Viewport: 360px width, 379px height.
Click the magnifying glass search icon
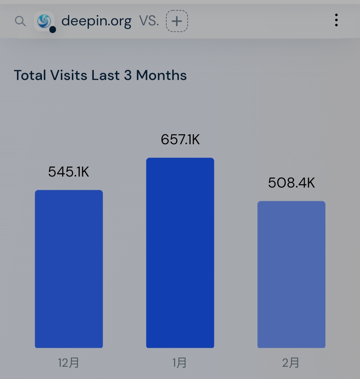[x=20, y=21]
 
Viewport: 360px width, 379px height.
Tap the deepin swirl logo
[x=44, y=21]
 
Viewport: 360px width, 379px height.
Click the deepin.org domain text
[x=96, y=21]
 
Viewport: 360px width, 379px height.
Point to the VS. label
[x=149, y=21]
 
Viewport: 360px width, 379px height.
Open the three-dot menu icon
[x=336, y=20]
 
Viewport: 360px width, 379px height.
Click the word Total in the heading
[x=30, y=75]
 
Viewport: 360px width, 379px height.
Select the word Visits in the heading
[x=69, y=75]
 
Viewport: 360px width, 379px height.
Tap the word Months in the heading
[x=161, y=75]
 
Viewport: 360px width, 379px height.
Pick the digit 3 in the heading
[x=128, y=75]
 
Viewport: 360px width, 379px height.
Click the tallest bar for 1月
[x=180, y=253]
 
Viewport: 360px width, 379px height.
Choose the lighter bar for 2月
[x=291, y=274]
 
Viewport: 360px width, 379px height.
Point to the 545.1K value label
[x=69, y=172]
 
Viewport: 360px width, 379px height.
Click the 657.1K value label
[x=180, y=140]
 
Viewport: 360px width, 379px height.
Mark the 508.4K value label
[x=291, y=183]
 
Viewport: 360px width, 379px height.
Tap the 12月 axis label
[x=68, y=363]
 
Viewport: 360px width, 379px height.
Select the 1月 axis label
[x=180, y=363]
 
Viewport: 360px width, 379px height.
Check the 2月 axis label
[x=291, y=363]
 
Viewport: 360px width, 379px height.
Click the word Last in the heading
[x=106, y=75]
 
